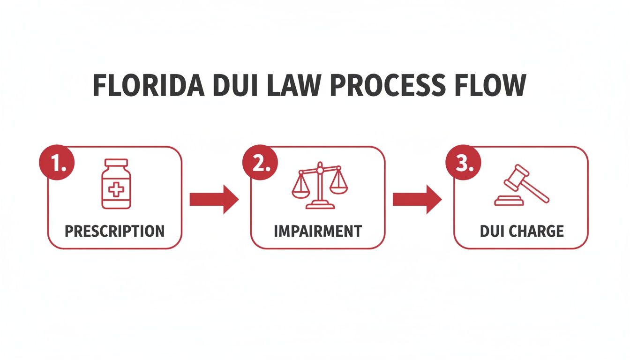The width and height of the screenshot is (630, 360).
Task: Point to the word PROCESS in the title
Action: point(394,85)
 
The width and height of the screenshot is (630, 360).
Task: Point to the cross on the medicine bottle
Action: point(116,190)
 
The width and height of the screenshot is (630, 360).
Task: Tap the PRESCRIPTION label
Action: point(114,231)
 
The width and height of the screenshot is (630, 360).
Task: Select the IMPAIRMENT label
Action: point(317,231)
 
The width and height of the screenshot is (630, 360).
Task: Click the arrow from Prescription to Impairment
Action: point(214,199)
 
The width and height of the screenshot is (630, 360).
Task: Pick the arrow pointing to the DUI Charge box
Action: point(417,199)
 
